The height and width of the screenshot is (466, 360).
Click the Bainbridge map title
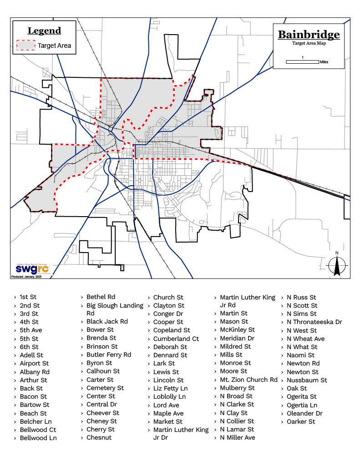coord(309,35)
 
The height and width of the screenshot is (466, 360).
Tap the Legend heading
coord(44,31)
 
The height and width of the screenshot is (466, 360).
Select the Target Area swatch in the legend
coord(26,46)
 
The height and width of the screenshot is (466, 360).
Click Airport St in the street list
coord(34,363)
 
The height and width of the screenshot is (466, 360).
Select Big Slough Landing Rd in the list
coord(108,309)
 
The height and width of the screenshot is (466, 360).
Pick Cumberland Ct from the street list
coord(176,339)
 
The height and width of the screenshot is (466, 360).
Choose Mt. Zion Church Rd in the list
coord(248,380)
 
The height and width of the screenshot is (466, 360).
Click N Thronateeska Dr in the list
coord(314,322)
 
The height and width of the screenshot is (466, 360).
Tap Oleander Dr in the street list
coord(304,413)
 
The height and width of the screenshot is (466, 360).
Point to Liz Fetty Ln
coord(170,388)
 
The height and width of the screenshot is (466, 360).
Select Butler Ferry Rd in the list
coord(109,355)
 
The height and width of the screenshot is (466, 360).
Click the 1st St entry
coord(28,297)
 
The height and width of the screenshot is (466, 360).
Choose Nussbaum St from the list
coord(307,380)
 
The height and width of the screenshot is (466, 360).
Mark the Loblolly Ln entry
coord(169,396)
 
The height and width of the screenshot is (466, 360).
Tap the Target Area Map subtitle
coord(309,43)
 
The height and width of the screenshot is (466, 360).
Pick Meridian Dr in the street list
coord(237,338)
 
